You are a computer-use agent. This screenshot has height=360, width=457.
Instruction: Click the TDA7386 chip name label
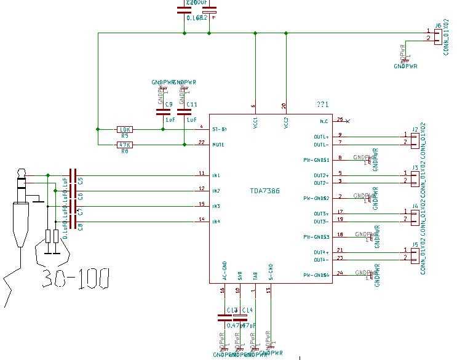point(264,191)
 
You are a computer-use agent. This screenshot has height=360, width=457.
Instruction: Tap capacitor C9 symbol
point(163,113)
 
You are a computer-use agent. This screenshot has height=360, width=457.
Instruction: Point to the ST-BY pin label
point(219,129)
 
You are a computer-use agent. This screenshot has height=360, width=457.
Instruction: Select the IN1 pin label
point(216,176)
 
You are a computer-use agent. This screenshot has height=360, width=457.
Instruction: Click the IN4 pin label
point(216,222)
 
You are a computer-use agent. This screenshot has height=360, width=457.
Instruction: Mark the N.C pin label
point(324,121)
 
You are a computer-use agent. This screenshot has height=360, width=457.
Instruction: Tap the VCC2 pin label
point(285,122)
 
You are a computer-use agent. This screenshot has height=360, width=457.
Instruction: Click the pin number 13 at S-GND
point(268,289)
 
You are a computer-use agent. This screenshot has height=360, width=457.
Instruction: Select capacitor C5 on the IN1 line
point(73,176)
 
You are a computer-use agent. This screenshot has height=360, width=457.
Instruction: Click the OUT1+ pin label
point(321,137)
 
